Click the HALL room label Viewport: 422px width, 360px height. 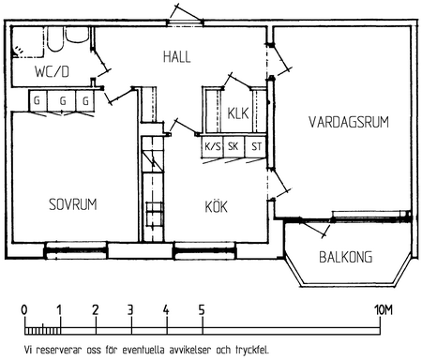[x=176, y=57]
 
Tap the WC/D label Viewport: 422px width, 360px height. [x=52, y=71]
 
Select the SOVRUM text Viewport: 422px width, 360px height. [x=73, y=204]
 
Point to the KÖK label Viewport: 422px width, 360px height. [x=216, y=206]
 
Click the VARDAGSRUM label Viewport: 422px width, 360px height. [x=349, y=122]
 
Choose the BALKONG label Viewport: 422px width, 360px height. [x=346, y=257]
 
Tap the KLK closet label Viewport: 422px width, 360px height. [x=238, y=113]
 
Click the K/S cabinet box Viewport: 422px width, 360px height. [x=212, y=146]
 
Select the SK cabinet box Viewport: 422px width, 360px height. [x=234, y=146]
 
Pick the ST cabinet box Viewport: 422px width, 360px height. [x=255, y=146]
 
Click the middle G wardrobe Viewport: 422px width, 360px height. [x=62, y=100]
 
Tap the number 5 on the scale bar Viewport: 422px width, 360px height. [x=202, y=310]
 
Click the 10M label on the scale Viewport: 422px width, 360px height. [x=384, y=310]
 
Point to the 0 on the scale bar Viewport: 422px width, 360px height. [x=24, y=310]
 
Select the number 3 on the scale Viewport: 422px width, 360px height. [x=130, y=310]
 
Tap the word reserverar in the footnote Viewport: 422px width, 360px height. [x=58, y=351]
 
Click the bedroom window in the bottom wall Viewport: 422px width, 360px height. [x=75, y=250]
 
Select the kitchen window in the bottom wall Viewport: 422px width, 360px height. [x=204, y=250]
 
